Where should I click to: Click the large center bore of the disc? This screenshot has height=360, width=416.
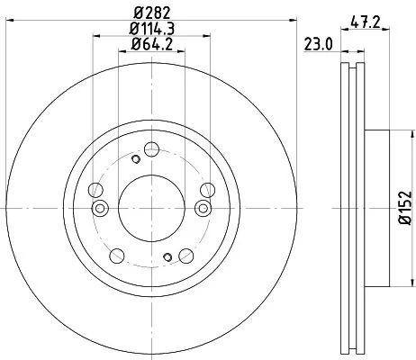click(151, 208)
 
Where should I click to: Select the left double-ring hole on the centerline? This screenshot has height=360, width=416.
click(101, 208)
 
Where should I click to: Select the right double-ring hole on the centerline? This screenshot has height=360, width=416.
click(202, 208)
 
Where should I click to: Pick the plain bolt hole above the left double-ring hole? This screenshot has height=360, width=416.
click(95, 189)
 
